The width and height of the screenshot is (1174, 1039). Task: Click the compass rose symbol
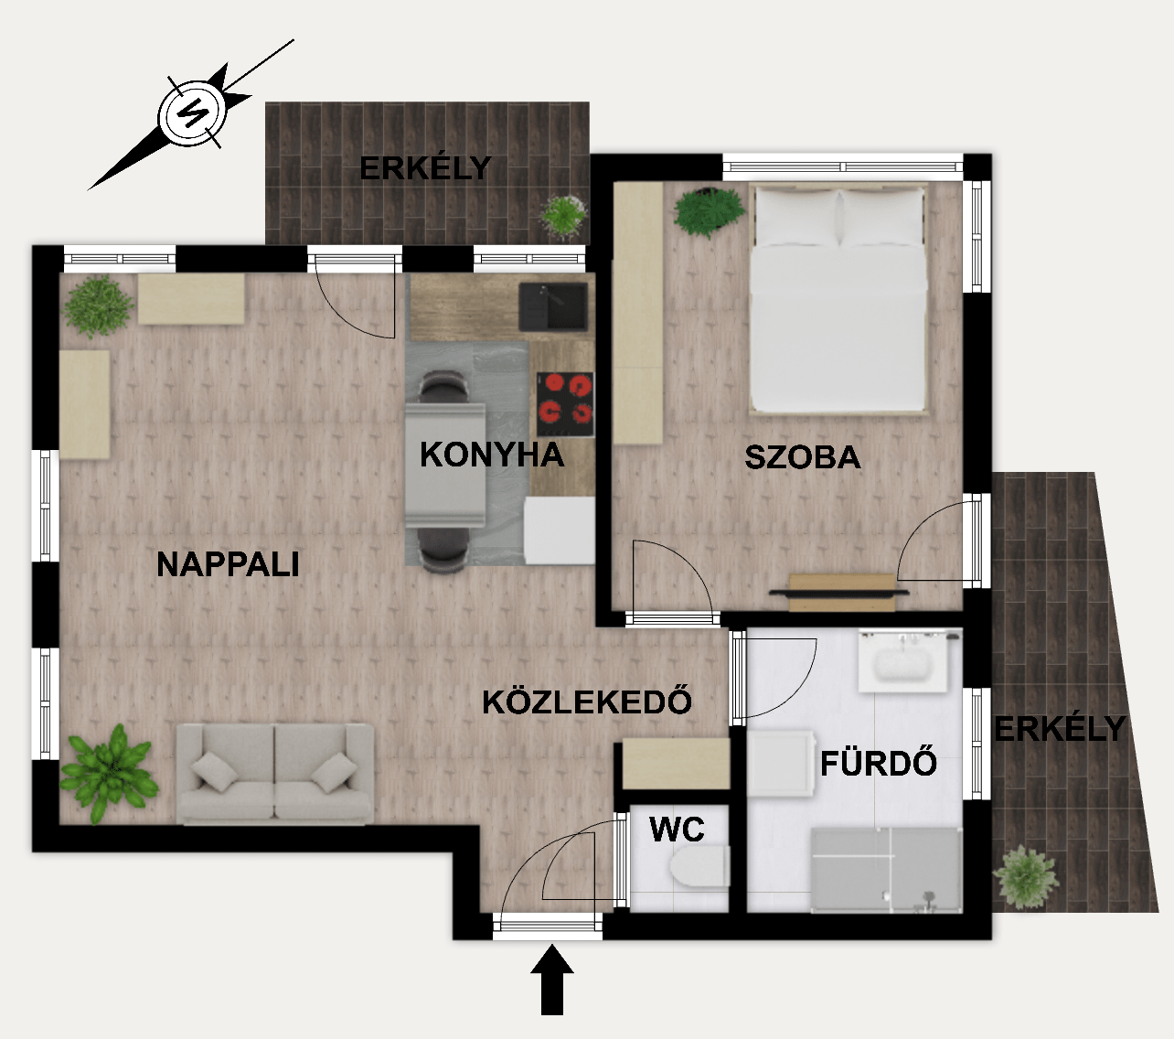(191, 113)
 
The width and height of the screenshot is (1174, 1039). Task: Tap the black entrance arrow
(552, 980)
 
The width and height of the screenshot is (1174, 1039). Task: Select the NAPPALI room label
(228, 564)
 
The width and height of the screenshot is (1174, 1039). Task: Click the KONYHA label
(492, 455)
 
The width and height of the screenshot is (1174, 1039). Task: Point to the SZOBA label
(803, 457)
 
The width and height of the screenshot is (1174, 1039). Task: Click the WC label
(677, 830)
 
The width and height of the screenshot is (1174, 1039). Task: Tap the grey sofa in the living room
(274, 773)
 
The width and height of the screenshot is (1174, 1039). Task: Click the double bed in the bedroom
(838, 299)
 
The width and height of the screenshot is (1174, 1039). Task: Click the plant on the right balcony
(1025, 876)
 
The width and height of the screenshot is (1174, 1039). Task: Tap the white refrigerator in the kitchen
(560, 530)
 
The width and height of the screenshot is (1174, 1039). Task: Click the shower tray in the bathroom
(886, 870)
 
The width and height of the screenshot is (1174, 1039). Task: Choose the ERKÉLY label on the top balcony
(425, 167)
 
